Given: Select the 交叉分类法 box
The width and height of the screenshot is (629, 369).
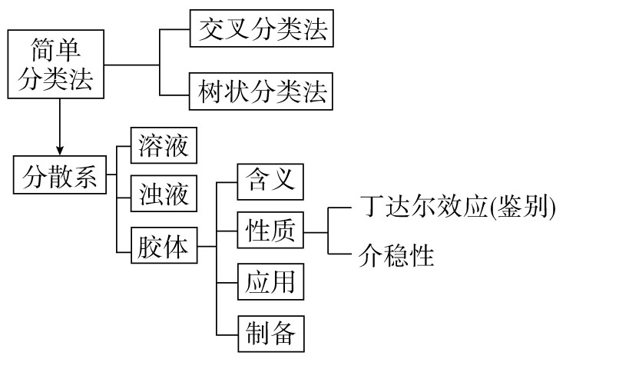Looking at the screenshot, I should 261,31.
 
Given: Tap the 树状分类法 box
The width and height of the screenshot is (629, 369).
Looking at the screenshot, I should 261,93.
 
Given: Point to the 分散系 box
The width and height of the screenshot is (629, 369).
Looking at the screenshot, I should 60,178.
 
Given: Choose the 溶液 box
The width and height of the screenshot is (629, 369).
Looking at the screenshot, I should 164,145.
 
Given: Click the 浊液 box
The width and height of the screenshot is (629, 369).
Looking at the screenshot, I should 164,193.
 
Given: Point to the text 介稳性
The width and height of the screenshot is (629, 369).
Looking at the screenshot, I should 396,255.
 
